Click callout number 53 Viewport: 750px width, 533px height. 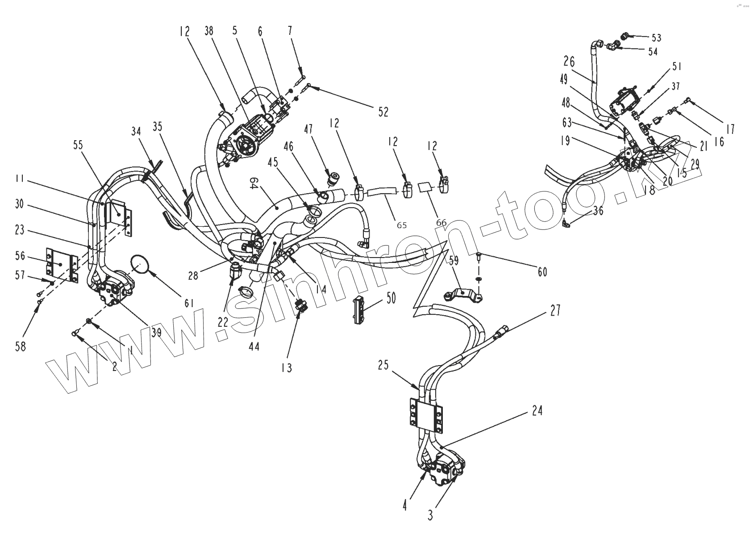(657, 38)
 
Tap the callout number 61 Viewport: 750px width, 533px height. (189, 304)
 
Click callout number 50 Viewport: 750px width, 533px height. (391, 298)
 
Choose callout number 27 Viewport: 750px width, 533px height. (555, 310)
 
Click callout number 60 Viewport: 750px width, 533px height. (542, 271)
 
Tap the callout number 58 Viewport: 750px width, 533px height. (21, 346)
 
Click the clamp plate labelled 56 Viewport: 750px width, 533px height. (60, 265)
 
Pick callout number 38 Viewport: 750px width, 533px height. (209, 31)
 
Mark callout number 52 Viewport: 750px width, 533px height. (383, 112)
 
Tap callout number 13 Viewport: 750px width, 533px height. (287, 367)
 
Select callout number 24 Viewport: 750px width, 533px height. (537, 410)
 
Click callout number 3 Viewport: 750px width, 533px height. (430, 516)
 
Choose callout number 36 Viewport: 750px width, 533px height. (599, 210)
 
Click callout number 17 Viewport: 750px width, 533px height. (730, 129)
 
